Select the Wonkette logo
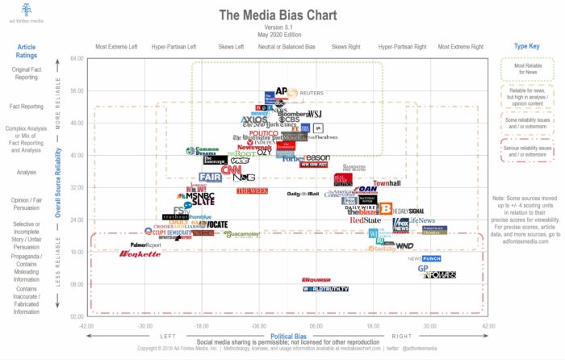pos(140,254)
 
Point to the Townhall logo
pos(387,184)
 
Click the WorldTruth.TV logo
pos(325,289)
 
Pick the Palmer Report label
pos(146,245)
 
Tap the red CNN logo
pos(232,170)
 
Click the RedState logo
pos(365,220)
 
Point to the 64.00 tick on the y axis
pos(77,58)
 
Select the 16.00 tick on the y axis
pos(77,252)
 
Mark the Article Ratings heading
pos(27,51)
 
